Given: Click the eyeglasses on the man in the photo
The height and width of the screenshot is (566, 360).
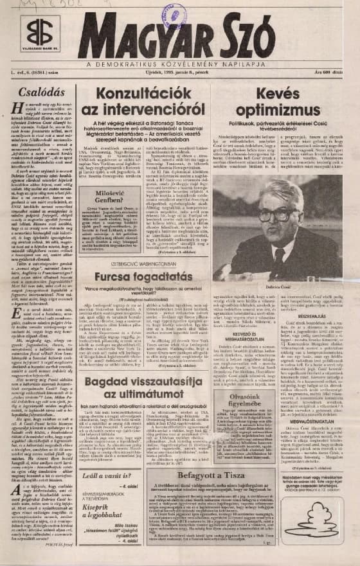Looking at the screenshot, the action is [282, 215].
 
